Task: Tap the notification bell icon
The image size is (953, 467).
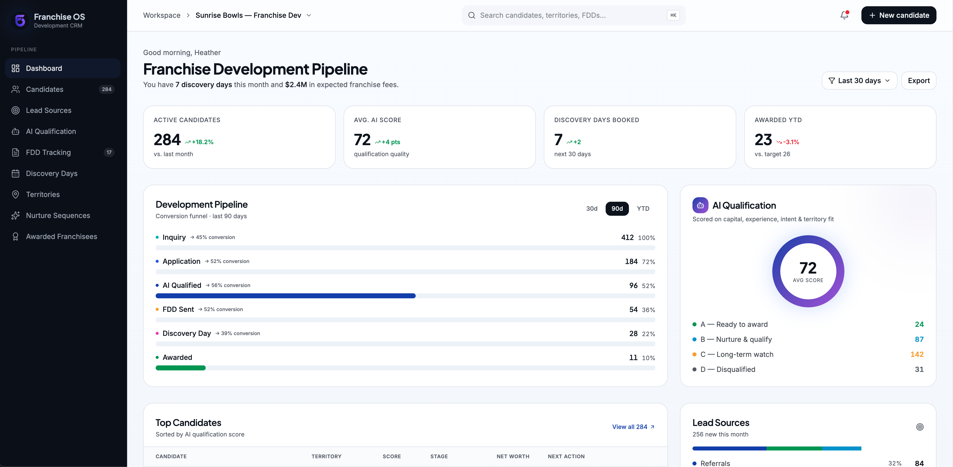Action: point(844,15)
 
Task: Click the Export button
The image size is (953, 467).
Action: point(919,81)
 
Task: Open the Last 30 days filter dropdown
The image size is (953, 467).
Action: point(859,81)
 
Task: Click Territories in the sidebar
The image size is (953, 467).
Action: point(43,194)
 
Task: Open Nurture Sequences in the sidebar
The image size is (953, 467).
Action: point(58,215)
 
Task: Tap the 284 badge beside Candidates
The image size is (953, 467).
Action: point(107,89)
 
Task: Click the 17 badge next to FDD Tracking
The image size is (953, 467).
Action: point(109,152)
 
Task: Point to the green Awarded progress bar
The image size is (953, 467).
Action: point(180,368)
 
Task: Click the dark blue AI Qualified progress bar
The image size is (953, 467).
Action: point(286,296)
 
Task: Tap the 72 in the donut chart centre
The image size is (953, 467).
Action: point(808,268)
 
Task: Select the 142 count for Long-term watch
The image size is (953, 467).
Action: point(917,354)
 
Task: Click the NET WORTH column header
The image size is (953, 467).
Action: point(513,456)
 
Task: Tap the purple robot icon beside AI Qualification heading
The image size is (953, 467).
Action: point(700,205)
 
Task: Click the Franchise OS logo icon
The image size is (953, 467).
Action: point(20,20)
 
